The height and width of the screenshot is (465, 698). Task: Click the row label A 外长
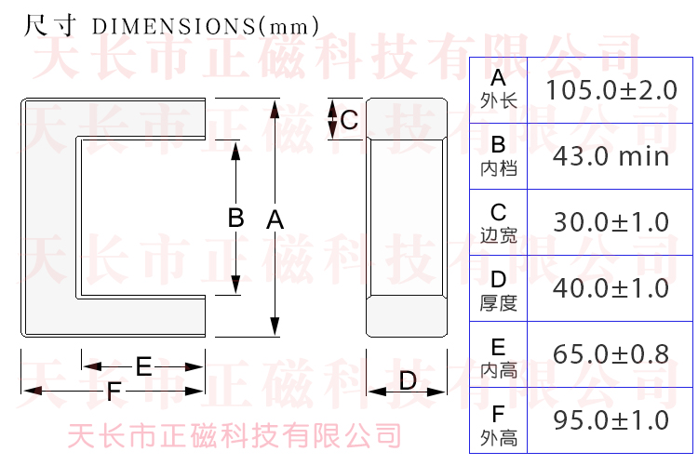tap(499, 89)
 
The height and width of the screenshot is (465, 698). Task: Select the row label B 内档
tap(499, 155)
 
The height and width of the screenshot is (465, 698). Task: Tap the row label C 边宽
tap(499, 223)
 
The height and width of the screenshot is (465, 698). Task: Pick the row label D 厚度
tap(499, 290)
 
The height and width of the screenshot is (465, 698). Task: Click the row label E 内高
tap(499, 358)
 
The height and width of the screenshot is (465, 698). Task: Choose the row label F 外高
tap(499, 425)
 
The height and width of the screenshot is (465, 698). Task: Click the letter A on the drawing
tap(275, 219)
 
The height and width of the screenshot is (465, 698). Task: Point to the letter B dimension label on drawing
tap(236, 218)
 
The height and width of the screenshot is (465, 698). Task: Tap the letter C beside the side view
tap(349, 120)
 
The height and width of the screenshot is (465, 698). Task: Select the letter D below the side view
tap(408, 380)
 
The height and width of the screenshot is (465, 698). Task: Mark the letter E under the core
tap(143, 366)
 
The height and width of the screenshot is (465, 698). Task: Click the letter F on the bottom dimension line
tap(114, 392)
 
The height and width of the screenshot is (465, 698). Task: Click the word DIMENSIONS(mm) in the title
tap(206, 27)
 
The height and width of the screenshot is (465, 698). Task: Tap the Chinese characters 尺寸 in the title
tap(50, 25)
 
